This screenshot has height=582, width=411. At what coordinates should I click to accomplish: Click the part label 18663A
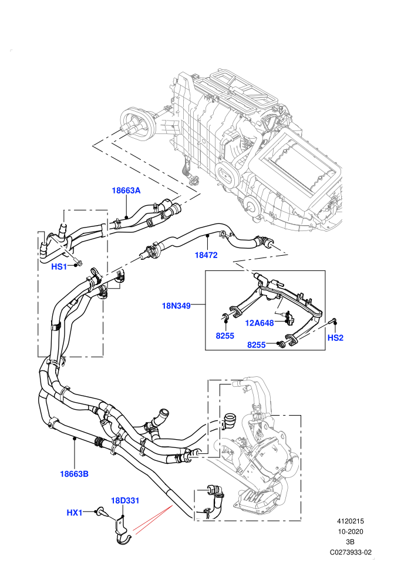126,190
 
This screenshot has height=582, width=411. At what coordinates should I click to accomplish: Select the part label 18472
206,255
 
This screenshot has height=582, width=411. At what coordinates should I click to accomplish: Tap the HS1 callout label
59,266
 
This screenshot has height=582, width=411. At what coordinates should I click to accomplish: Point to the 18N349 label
176,306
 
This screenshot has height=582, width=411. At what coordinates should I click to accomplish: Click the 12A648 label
260,323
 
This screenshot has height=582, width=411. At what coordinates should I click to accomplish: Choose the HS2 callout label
335,338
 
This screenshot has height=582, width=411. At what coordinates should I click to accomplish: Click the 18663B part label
74,474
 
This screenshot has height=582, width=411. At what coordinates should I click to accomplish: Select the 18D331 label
125,500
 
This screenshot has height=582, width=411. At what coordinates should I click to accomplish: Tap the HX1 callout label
75,513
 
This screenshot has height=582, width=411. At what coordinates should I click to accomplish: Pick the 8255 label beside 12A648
225,336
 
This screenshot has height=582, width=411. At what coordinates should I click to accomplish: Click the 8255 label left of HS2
257,345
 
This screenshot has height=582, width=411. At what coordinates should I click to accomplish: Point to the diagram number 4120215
350,521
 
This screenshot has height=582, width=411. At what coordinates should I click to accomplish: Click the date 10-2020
350,531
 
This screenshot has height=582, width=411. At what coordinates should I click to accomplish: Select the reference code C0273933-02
351,552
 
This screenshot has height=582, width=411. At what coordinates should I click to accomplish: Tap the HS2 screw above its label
332,322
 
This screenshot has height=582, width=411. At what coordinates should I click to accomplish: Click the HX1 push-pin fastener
101,512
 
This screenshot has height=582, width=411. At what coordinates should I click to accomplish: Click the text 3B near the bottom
350,542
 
